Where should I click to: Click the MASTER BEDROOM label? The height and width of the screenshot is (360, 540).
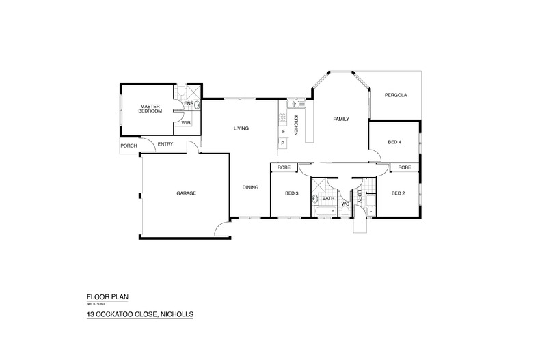(x=150, y=109)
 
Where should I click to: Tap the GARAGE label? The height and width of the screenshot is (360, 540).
(x=187, y=193)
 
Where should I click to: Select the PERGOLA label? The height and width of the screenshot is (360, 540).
(x=395, y=95)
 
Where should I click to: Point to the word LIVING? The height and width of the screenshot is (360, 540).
(x=240, y=128)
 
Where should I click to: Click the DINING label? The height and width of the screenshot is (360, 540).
(x=250, y=187)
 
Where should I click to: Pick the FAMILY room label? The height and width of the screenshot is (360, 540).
(x=341, y=119)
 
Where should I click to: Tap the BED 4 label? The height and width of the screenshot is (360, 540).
(x=394, y=142)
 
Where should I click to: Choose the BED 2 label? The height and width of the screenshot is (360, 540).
(x=398, y=193)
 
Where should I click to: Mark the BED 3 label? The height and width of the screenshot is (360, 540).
(x=292, y=193)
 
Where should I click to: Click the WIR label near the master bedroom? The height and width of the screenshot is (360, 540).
(x=185, y=122)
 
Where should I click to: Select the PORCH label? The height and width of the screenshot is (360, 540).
(x=128, y=146)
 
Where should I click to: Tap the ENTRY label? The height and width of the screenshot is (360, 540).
(x=165, y=143)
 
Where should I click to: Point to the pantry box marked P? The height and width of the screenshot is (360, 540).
(x=282, y=143)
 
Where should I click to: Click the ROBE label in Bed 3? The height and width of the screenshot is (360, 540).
(x=284, y=167)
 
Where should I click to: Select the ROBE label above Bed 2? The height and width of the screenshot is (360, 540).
(x=404, y=167)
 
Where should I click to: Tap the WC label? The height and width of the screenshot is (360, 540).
(x=345, y=204)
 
